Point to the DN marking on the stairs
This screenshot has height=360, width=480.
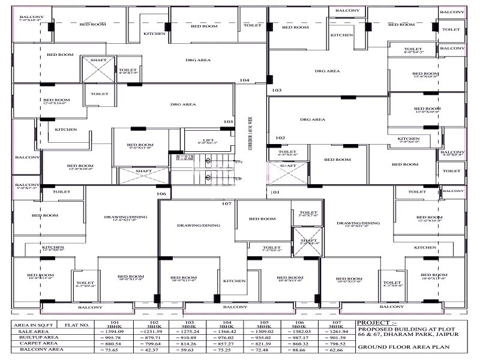pyautogui.click(x=238, y=162)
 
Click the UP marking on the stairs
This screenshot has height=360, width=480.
pyautogui.click(x=238, y=179)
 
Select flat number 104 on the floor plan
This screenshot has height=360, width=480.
pyautogui.click(x=244, y=80)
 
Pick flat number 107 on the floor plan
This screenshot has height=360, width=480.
pyautogui.click(x=226, y=204)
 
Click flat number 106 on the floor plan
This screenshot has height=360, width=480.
pyautogui.click(x=161, y=194)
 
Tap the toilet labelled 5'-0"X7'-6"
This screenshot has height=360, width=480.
pyautogui.click(x=308, y=214)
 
